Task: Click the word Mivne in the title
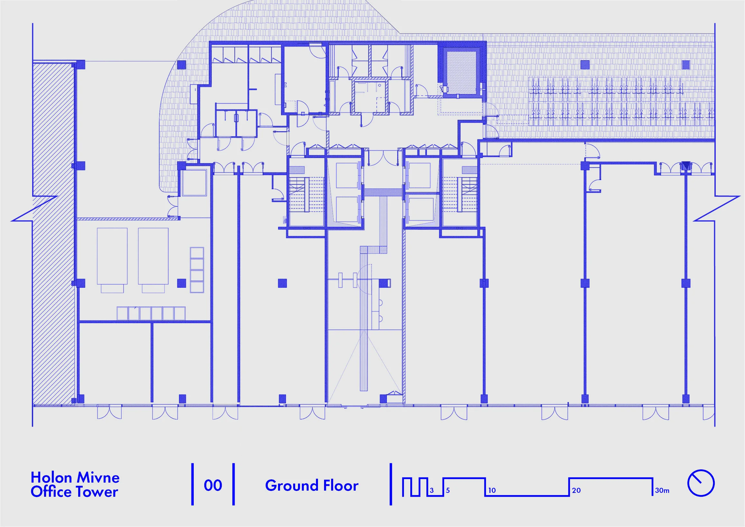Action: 98,478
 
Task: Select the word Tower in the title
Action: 96,492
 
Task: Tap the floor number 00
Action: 213,485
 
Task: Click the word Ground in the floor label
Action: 287,486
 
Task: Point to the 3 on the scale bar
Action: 432,491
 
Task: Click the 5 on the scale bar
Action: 448,491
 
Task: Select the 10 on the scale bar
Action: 492,491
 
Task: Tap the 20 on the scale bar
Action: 576,491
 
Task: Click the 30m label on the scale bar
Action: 662,491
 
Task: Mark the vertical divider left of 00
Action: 192,484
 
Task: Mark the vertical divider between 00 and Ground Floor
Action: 234,484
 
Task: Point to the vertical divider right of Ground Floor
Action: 391,484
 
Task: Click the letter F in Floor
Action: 316,486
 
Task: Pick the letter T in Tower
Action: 79,492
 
